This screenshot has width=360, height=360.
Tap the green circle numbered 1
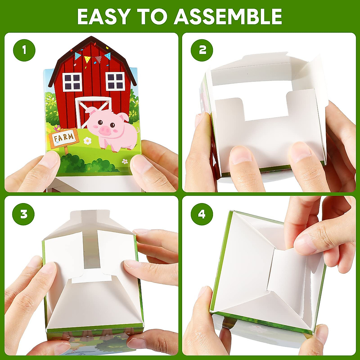24,50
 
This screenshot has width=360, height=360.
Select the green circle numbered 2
202,50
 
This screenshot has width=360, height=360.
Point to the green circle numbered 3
24,214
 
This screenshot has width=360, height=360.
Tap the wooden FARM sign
63,138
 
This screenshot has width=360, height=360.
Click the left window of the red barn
72,82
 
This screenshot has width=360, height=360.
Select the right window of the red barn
115,81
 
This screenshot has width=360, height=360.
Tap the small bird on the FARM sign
57,128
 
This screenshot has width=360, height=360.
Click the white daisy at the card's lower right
125,161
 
